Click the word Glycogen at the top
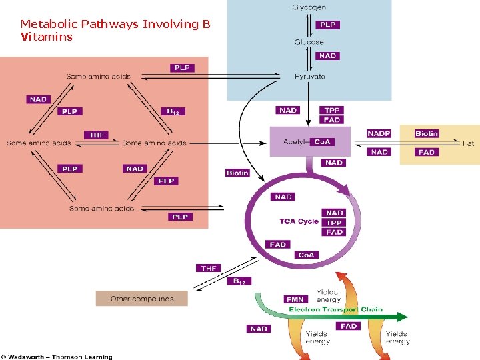click(x=309, y=7)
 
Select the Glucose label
click(x=309, y=42)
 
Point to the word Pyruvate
click(x=310, y=77)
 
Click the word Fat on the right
click(x=469, y=143)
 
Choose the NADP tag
click(x=379, y=133)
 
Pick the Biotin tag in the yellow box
click(x=427, y=133)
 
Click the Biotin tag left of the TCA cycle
click(x=237, y=173)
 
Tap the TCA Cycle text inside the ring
click(x=299, y=221)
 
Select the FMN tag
click(x=295, y=299)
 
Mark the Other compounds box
click(x=141, y=299)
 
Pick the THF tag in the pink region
click(x=97, y=135)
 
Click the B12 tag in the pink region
click(x=173, y=111)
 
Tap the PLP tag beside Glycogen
click(x=328, y=25)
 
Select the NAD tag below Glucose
click(x=327, y=56)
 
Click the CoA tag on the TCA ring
click(x=306, y=255)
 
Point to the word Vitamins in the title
click(x=47, y=37)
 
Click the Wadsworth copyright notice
click(x=57, y=357)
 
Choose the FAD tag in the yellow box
click(x=427, y=152)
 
